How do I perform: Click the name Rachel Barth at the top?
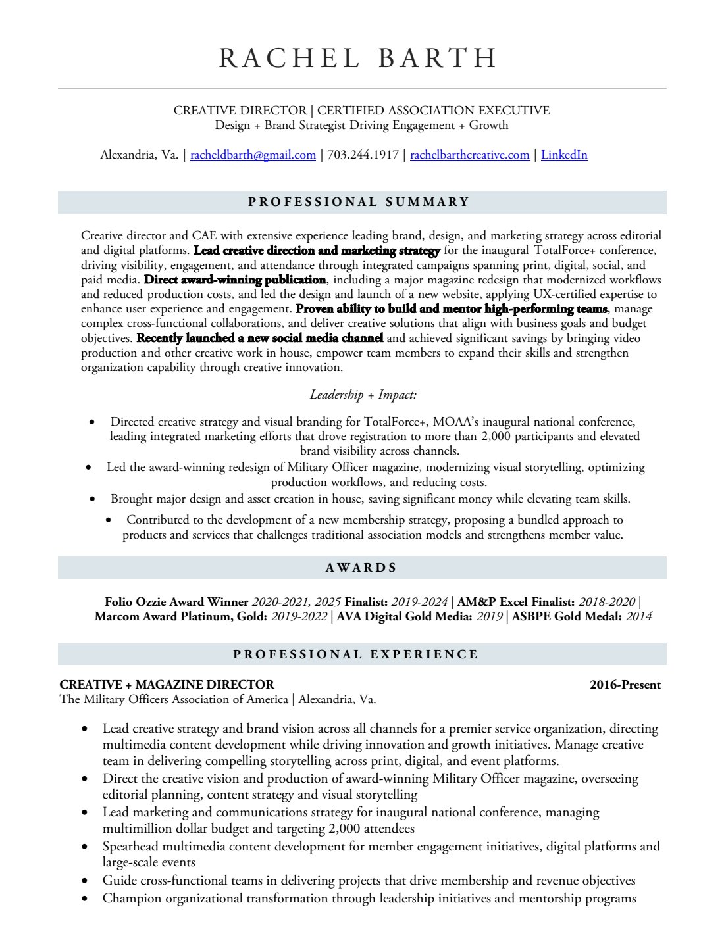(358, 59)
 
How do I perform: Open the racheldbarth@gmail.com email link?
(253, 155)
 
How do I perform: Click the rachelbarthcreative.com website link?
(469, 155)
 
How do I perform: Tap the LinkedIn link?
(564, 155)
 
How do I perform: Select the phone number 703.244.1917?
(363, 155)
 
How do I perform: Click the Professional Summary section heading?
(359, 202)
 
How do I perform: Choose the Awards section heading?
(361, 568)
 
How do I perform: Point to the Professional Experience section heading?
(356, 654)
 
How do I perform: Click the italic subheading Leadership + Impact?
(363, 395)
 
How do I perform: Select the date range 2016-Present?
(625, 685)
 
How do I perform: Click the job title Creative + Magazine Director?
(167, 685)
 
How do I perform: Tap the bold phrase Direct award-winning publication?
(234, 280)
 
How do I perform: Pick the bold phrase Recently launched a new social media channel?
(259, 338)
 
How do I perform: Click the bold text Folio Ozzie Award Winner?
(176, 602)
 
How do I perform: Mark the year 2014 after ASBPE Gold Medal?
(638, 616)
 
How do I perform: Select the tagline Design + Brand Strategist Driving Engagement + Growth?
(361, 125)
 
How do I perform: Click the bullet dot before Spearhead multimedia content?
(85, 847)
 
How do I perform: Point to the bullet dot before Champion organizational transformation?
(85, 899)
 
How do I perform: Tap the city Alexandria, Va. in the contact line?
(139, 155)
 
